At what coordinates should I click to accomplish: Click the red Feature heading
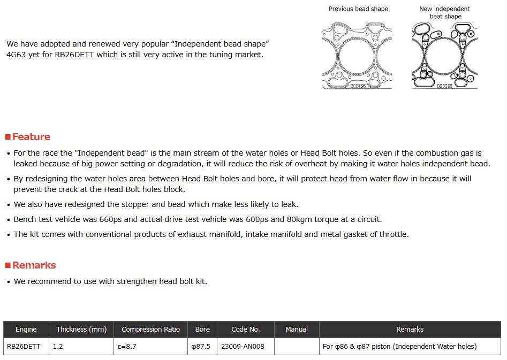click(x=31, y=137)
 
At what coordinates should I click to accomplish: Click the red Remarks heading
click(x=34, y=265)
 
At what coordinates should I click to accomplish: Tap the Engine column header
click(x=26, y=330)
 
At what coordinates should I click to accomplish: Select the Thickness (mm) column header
click(x=81, y=330)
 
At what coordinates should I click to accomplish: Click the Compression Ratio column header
click(x=150, y=330)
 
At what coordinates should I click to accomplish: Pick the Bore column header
click(x=202, y=330)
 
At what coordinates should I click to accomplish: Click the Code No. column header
click(x=246, y=330)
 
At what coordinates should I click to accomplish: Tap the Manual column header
click(x=297, y=330)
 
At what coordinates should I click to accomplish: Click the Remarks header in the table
click(x=410, y=330)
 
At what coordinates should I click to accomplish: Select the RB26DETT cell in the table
click(x=24, y=347)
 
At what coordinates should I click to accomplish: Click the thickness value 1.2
click(x=58, y=347)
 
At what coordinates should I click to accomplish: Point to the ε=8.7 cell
click(x=126, y=347)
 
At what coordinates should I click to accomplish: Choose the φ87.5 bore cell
click(x=201, y=347)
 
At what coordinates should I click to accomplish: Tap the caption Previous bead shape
click(x=358, y=9)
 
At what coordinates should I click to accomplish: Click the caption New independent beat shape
click(x=444, y=12)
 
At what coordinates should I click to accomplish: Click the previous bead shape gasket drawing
click(x=357, y=55)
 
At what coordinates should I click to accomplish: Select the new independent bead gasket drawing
click(x=444, y=55)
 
